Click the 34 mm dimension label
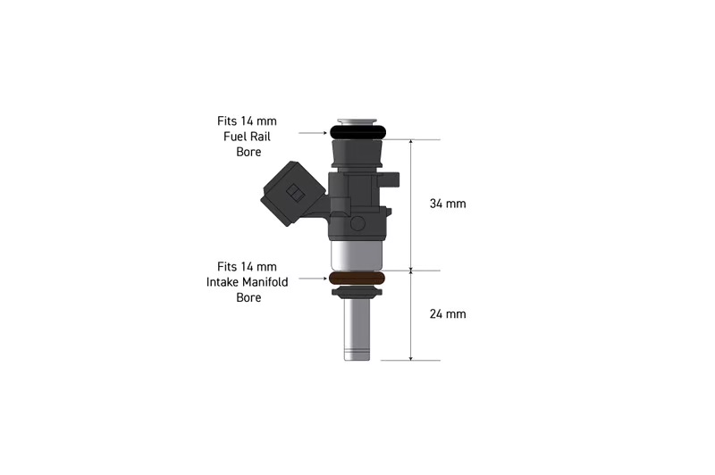coord(448,204)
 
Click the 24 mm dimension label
coord(448,314)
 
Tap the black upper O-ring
coord(357,132)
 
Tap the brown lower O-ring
coord(357,279)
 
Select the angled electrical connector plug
coord(291,194)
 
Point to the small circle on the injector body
coord(358,222)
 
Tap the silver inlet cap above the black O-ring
coord(357,121)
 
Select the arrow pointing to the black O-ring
coord(314,132)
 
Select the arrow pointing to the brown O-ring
coord(314,279)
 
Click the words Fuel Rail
coord(247,136)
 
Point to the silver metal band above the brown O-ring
coord(357,255)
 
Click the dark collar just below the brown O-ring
coord(357,291)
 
